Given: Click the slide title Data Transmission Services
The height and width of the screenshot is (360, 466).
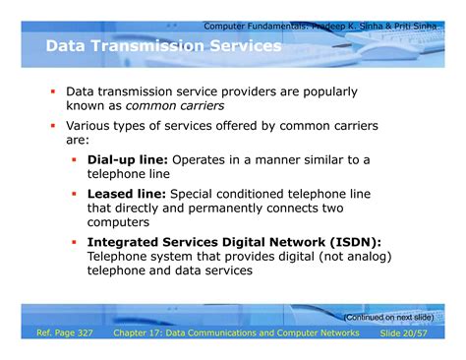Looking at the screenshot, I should [x=163, y=46].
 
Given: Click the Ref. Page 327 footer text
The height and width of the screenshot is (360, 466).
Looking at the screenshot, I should [x=65, y=334].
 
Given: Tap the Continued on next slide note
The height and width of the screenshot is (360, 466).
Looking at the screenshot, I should [x=387, y=317].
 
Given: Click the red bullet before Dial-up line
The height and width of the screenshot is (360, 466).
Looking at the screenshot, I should [x=75, y=159].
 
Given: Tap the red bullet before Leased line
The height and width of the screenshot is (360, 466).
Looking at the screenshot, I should [x=75, y=194].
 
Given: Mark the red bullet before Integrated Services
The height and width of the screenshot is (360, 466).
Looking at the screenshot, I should [x=75, y=242].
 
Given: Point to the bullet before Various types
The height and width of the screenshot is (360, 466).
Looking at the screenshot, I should [x=53, y=126].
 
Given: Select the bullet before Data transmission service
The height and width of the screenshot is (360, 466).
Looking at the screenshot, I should [x=53, y=91].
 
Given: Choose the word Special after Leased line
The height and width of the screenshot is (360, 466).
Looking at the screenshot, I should [x=201, y=194].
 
